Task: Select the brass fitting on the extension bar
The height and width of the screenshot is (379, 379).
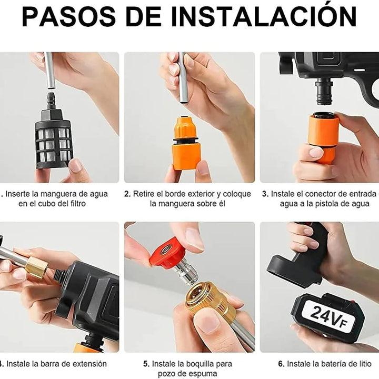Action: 35,267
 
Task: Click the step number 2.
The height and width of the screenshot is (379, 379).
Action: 127,194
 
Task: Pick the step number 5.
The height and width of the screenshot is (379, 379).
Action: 146,364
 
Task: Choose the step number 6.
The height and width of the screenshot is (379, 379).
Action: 281,364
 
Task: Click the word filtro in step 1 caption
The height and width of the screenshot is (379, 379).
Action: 75,204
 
